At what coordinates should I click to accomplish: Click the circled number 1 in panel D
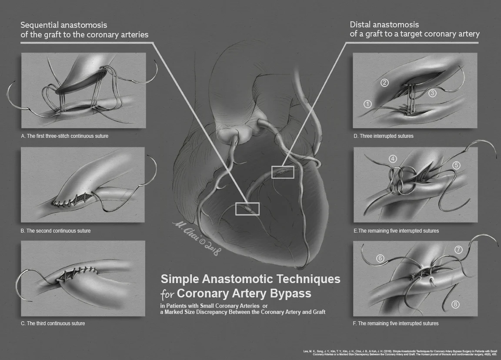click(368, 104)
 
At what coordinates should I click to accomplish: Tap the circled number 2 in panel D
click(384, 83)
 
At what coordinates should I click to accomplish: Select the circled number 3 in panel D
click(432, 93)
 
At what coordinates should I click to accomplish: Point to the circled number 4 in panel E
click(393, 159)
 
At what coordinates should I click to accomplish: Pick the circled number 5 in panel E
click(456, 165)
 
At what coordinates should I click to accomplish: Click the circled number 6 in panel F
click(381, 258)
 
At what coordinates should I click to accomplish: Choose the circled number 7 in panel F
click(458, 250)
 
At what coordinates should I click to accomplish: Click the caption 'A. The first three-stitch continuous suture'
click(65, 136)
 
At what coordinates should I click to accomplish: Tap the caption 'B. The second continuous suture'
click(56, 231)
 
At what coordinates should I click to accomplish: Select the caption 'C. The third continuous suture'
click(53, 323)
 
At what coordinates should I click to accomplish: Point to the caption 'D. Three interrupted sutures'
click(384, 136)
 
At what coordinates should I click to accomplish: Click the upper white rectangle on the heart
click(283, 172)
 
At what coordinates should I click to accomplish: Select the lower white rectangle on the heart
click(247, 209)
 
